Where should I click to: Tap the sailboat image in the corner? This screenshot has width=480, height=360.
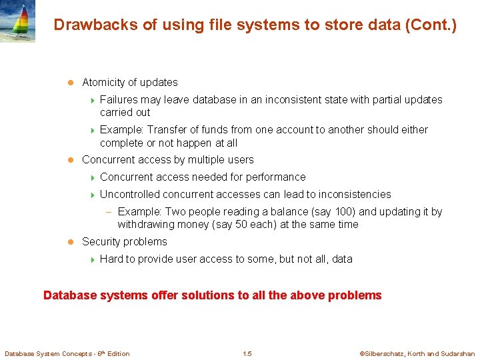point(17,21)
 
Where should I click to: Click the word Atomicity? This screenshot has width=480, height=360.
point(104,83)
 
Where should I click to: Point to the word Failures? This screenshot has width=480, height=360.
point(119,100)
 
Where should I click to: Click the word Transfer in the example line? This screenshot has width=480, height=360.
point(167,130)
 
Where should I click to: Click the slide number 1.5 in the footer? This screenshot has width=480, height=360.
point(247,353)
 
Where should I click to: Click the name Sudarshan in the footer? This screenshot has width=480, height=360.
point(458,354)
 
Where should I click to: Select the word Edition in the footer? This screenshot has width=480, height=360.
point(117,353)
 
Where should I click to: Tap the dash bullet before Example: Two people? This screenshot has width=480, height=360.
point(108,212)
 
